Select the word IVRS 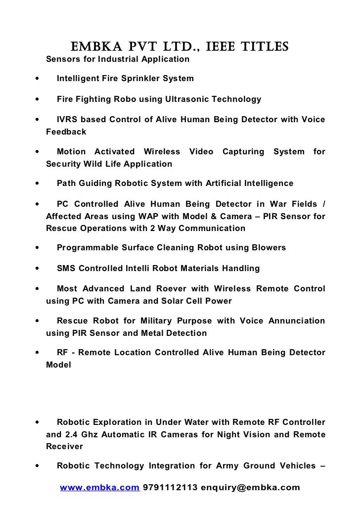tap(67, 121)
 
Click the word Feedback tap(66, 132)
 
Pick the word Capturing tap(243, 151)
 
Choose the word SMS tap(66, 269)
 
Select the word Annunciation tap(297, 321)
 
